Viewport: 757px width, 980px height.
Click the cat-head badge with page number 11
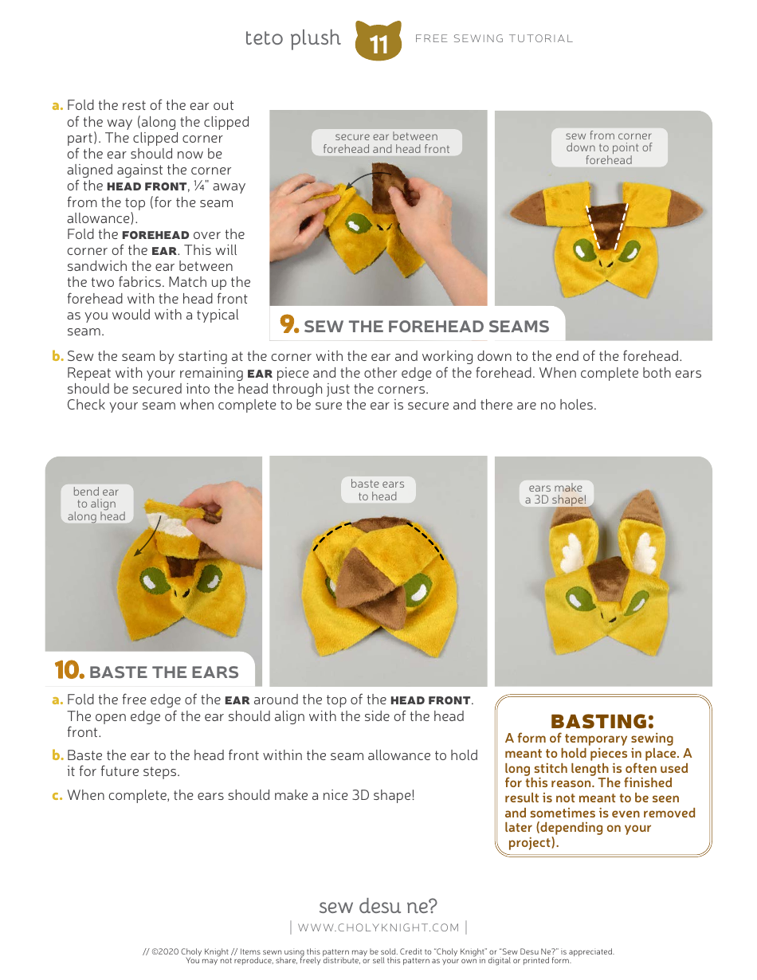click(x=378, y=41)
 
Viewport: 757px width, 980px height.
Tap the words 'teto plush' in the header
click(x=292, y=39)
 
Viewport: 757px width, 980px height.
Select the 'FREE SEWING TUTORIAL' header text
click(x=494, y=39)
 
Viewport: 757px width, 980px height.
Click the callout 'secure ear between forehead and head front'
click(x=386, y=143)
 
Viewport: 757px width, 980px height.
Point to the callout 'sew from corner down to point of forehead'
click(x=609, y=147)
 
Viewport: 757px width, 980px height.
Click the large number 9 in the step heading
click(x=288, y=323)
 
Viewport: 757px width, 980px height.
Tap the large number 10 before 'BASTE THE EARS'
click(x=69, y=670)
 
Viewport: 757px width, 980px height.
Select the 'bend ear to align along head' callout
click(x=96, y=504)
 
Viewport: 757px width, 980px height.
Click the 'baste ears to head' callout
click(x=378, y=490)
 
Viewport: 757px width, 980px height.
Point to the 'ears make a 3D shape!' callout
click(x=555, y=493)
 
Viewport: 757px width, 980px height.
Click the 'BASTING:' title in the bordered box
click(x=602, y=721)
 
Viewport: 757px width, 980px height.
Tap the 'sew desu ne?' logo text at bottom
click(x=378, y=906)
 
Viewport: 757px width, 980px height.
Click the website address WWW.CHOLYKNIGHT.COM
click(x=378, y=927)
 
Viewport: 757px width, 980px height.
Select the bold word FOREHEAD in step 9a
click(x=155, y=235)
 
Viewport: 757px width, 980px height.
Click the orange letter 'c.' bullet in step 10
click(x=57, y=795)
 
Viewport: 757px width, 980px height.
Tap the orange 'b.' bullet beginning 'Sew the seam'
click(x=57, y=356)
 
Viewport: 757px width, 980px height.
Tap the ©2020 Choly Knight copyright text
click(x=378, y=951)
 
